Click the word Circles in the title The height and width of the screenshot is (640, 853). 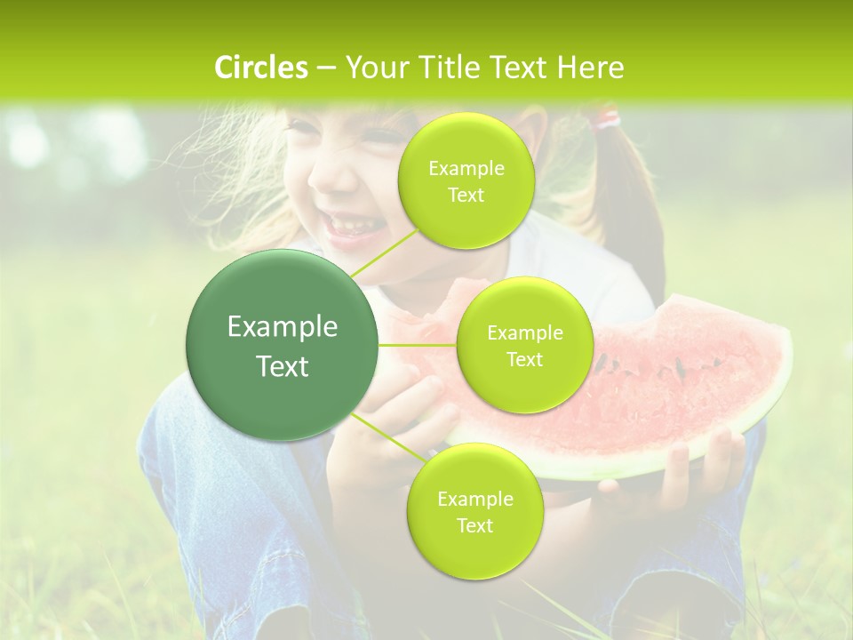point(260,68)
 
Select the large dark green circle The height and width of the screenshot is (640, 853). point(283,346)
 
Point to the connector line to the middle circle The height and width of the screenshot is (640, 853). point(418,344)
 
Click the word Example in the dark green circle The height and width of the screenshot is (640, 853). point(283,327)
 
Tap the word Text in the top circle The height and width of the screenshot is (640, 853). point(466,195)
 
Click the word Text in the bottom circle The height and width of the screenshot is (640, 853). point(474,525)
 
